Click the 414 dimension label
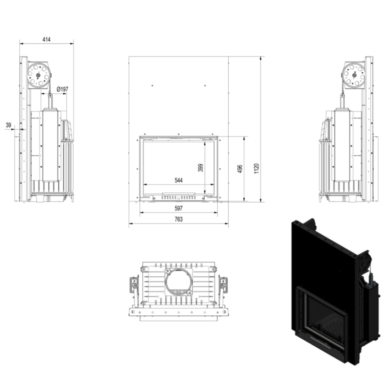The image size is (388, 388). tap(46, 40)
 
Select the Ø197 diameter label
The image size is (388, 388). tap(62, 89)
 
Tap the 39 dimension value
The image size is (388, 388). tap(8, 125)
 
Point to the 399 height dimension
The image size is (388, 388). tap(201, 168)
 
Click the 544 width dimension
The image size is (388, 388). tap(178, 180)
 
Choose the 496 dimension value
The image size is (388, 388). tap(240, 169)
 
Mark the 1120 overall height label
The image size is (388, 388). tap(256, 169)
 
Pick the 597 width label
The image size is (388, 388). tap(178, 208)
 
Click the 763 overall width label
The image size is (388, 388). tap(178, 219)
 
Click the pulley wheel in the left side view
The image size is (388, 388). tap(38, 75)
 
